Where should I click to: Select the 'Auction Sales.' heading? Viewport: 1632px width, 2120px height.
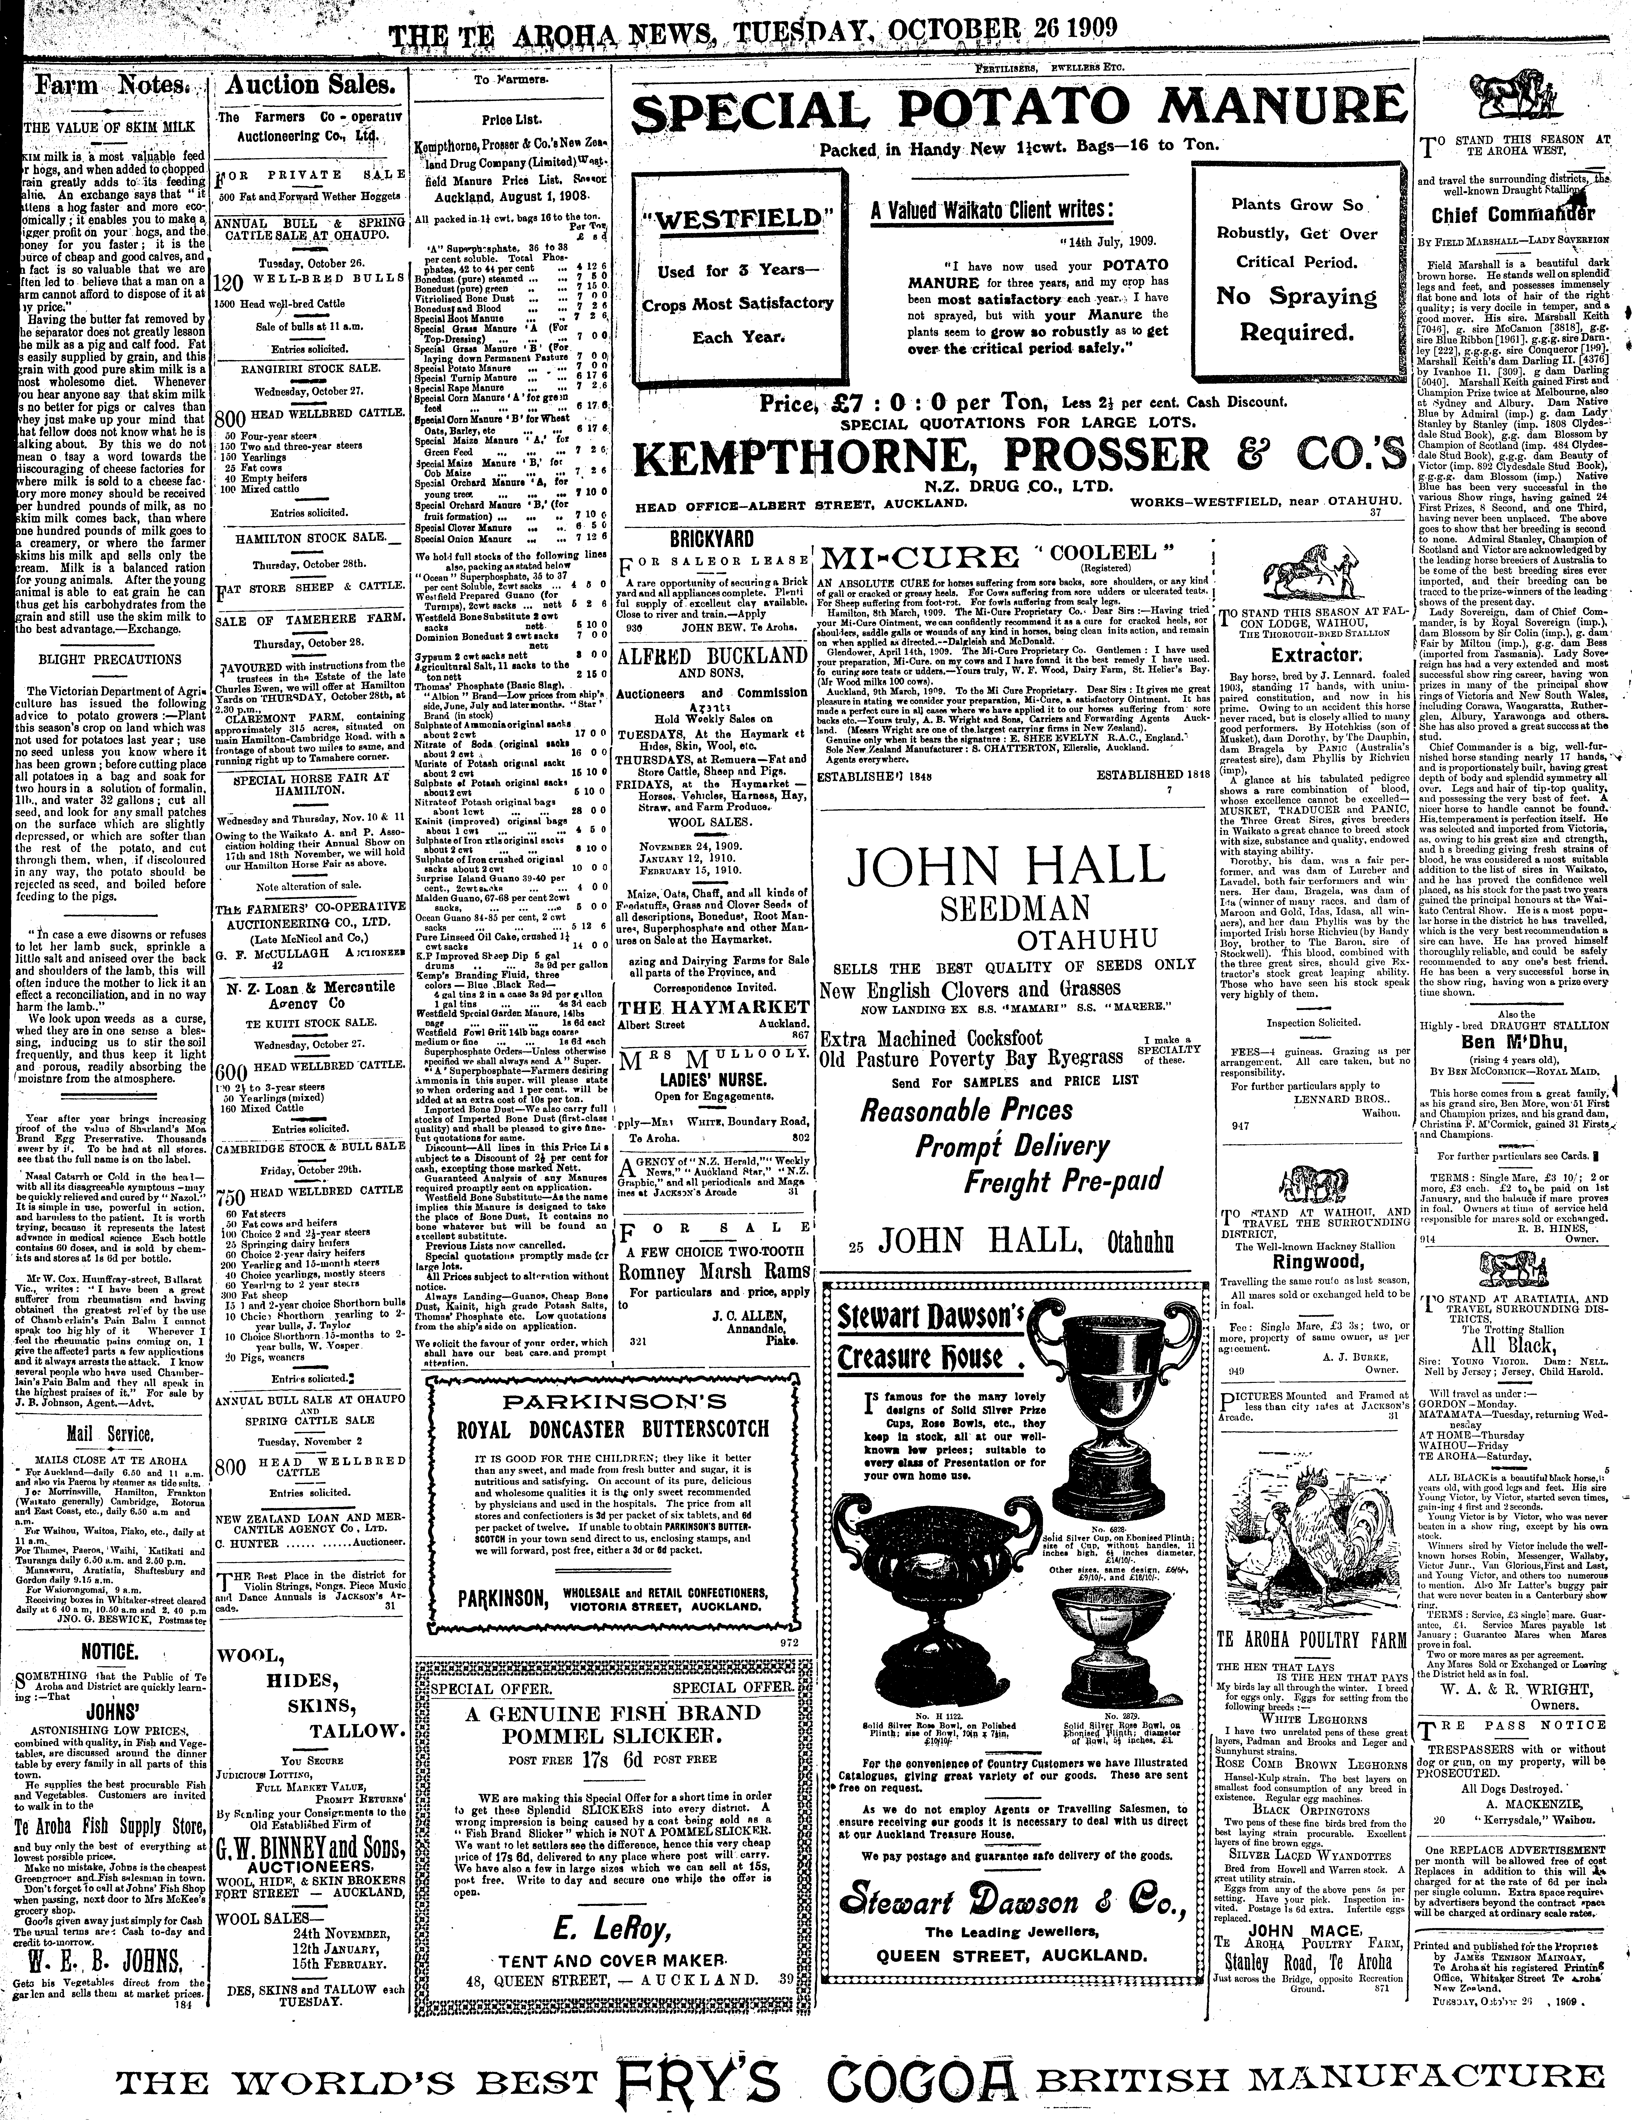pos(309,85)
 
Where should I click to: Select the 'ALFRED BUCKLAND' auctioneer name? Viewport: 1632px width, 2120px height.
pos(712,657)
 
